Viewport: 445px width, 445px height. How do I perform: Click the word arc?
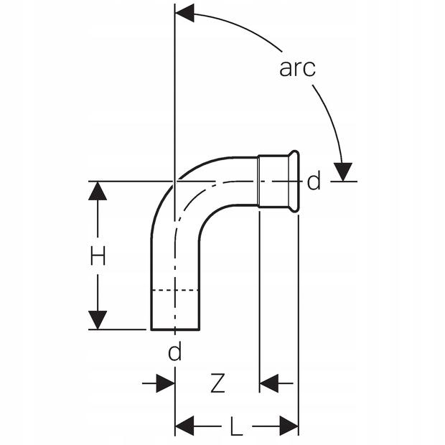(x=297, y=68)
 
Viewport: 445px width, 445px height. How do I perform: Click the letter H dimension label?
(x=98, y=256)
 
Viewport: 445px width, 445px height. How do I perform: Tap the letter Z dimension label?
(x=217, y=384)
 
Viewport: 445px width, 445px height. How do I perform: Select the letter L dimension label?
(x=236, y=428)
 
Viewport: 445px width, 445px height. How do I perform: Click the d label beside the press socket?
(x=314, y=182)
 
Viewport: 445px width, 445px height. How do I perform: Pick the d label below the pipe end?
(x=174, y=352)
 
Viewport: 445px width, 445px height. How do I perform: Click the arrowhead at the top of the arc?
(x=185, y=12)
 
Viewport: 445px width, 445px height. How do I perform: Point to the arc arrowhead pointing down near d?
(x=344, y=172)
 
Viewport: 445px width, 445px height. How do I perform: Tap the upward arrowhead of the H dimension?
(x=98, y=190)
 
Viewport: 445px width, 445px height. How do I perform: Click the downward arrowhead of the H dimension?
(x=98, y=320)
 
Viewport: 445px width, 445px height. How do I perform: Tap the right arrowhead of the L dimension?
(x=289, y=426)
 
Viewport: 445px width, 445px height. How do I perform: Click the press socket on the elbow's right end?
(x=277, y=182)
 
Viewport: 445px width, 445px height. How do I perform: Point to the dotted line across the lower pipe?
(x=174, y=291)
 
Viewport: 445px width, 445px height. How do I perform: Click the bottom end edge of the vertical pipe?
(x=174, y=329)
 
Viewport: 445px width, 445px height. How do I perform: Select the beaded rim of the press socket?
(x=294, y=182)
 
